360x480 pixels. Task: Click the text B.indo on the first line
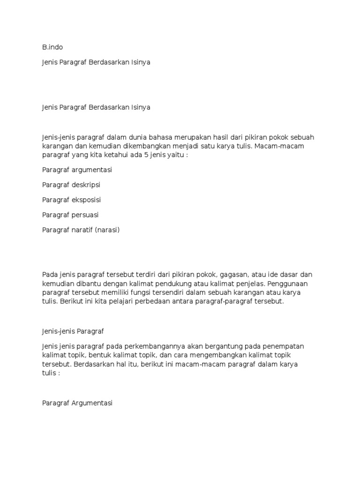(x=52, y=47)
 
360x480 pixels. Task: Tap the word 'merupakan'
(x=181, y=137)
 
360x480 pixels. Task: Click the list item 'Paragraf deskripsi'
(x=71, y=185)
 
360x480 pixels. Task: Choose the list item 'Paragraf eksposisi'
(x=71, y=200)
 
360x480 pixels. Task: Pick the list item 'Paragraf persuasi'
(x=70, y=215)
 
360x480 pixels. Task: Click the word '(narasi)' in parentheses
(x=107, y=230)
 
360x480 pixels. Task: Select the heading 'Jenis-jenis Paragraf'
(x=72, y=331)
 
